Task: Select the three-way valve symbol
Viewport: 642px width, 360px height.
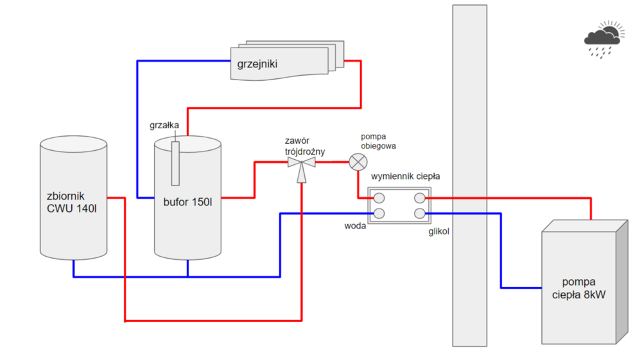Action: click(x=301, y=165)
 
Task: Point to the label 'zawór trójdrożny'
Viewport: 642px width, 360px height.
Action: click(x=304, y=146)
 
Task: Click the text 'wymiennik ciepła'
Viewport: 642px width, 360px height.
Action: click(x=406, y=176)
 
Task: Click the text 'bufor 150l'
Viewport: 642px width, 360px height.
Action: click(x=187, y=203)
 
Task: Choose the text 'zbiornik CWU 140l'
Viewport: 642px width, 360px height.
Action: click(x=72, y=201)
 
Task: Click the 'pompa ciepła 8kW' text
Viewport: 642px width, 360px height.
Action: click(x=579, y=288)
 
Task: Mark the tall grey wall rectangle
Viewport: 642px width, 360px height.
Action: click(x=469, y=175)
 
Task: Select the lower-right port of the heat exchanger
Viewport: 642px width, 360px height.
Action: click(x=420, y=213)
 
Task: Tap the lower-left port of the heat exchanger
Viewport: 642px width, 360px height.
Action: click(x=379, y=213)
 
